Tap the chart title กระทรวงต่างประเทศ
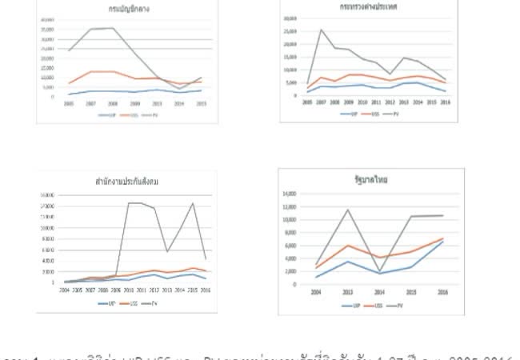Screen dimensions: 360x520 pos(369,7)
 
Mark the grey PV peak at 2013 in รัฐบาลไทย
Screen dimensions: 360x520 pos(346,210)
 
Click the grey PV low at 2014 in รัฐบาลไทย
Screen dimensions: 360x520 pos(380,272)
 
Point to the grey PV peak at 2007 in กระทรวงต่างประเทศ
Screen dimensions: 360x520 pos(321,30)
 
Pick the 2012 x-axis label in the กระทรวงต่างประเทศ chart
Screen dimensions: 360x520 pos(390,102)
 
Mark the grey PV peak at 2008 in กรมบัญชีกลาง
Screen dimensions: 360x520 pos(112,28)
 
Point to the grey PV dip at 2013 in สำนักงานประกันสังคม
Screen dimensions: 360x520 pos(166,252)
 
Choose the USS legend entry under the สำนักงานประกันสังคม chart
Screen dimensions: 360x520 pos(130,303)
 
